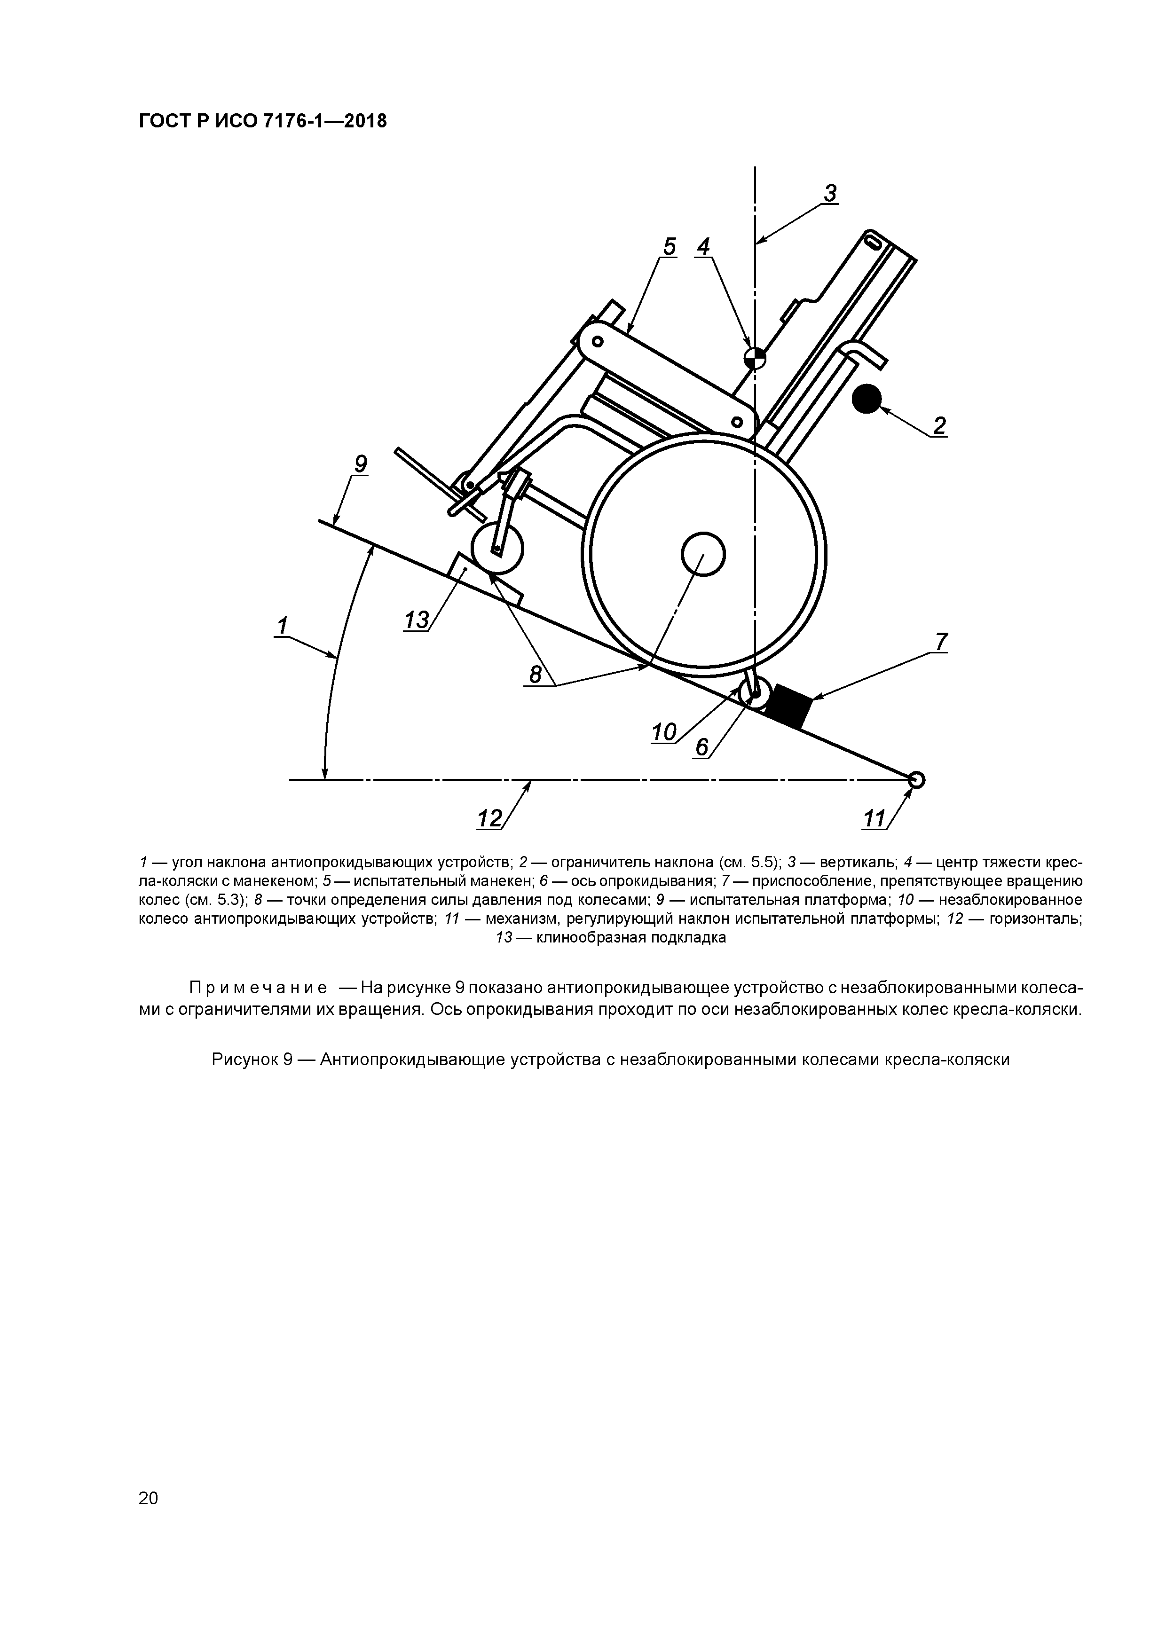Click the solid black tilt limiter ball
867,399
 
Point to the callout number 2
939,426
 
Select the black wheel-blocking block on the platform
788,705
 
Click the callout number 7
940,641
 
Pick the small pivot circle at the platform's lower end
915,779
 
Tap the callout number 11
874,818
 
